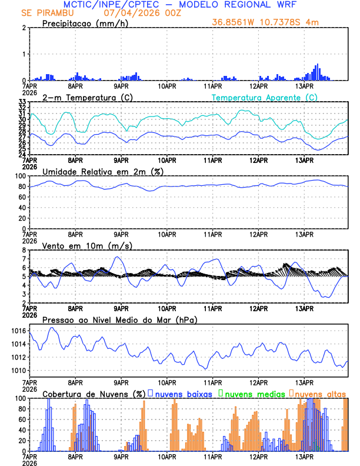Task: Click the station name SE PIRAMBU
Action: coord(45,13)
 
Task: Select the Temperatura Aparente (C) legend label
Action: coord(264,97)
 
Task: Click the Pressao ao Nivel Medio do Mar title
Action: coord(119,319)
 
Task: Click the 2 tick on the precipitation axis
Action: coord(24,28)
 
